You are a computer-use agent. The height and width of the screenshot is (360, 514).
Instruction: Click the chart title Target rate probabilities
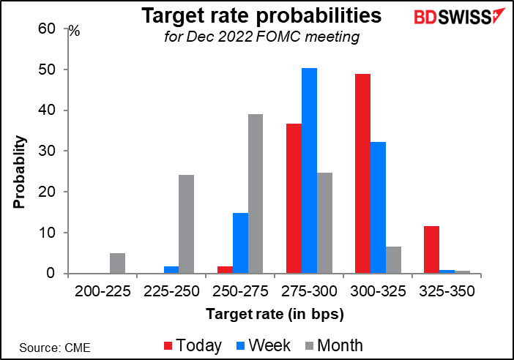tap(253, 15)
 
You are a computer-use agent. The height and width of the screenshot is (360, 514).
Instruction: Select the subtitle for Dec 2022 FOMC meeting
tap(253, 37)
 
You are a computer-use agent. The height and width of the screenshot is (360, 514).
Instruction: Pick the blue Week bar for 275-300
tap(308, 171)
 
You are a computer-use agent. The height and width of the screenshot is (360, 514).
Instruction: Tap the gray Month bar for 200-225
tap(117, 263)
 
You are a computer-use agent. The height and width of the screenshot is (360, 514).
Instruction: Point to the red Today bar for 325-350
tap(431, 250)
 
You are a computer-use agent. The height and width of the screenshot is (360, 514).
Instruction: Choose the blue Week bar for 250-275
tap(240, 244)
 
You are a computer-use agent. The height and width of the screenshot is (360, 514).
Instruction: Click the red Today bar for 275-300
tap(293, 198)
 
